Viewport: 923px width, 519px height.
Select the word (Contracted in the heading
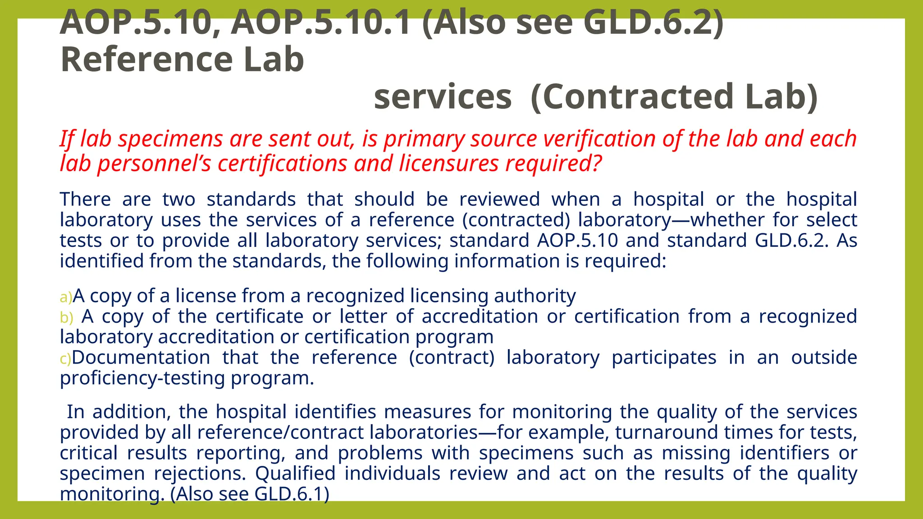pos(631,96)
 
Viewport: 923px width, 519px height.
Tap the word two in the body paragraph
pos(179,199)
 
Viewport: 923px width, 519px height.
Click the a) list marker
pos(66,297)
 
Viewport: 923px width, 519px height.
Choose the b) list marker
pos(66,318)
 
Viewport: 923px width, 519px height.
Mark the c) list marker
pos(65,359)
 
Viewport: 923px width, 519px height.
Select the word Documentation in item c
pos(141,357)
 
